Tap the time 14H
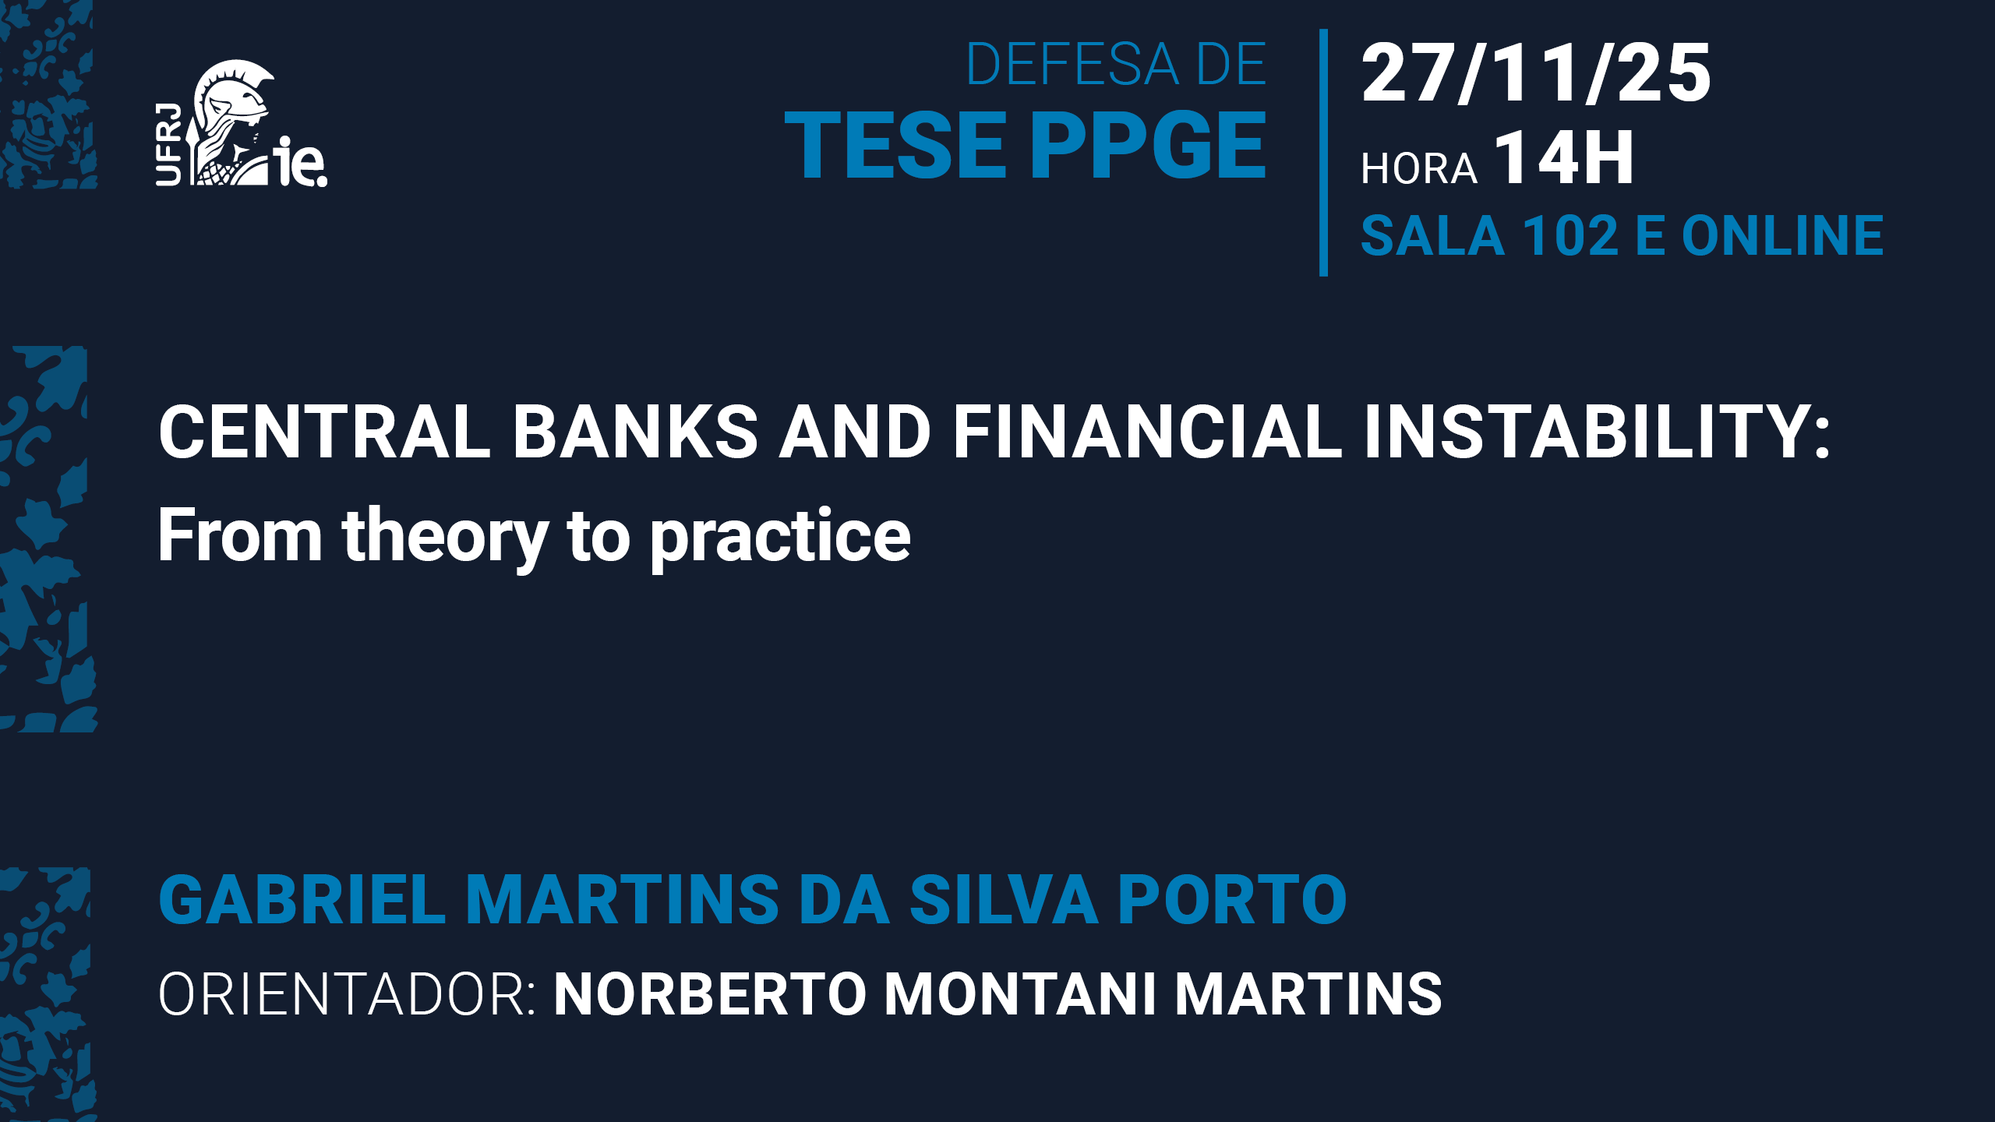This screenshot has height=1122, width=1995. click(1564, 157)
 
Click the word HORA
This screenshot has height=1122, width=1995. click(1419, 168)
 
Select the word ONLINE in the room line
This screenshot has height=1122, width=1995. click(1783, 235)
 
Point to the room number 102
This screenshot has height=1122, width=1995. click(1570, 235)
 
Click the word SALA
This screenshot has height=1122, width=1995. click(1432, 235)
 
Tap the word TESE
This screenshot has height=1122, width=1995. click(895, 145)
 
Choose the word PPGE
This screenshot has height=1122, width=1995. click(1149, 145)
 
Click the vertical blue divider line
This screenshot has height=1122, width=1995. click(1323, 153)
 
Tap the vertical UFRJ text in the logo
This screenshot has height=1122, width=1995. click(168, 145)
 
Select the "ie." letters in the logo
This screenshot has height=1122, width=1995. click(300, 162)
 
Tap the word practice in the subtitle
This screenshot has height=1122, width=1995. click(781, 538)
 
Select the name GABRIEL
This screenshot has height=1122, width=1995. click(302, 899)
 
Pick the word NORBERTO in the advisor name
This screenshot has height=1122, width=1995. click(710, 994)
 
